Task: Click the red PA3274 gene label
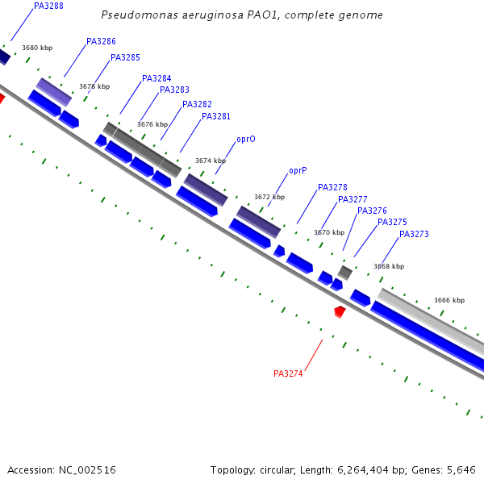click(x=288, y=373)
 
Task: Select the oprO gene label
click(x=246, y=140)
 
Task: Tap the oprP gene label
click(x=298, y=171)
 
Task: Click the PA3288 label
click(x=48, y=6)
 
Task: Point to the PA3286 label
click(x=101, y=41)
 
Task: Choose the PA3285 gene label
click(x=125, y=58)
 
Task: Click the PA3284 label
click(x=156, y=79)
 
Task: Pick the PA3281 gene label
click(x=216, y=117)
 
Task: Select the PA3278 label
click(x=332, y=188)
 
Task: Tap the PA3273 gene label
click(x=414, y=235)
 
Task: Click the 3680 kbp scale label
click(x=37, y=48)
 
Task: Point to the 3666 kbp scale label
click(x=449, y=300)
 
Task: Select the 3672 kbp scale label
click(x=269, y=197)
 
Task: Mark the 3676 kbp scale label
click(x=152, y=125)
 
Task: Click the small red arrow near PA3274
click(x=340, y=311)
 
